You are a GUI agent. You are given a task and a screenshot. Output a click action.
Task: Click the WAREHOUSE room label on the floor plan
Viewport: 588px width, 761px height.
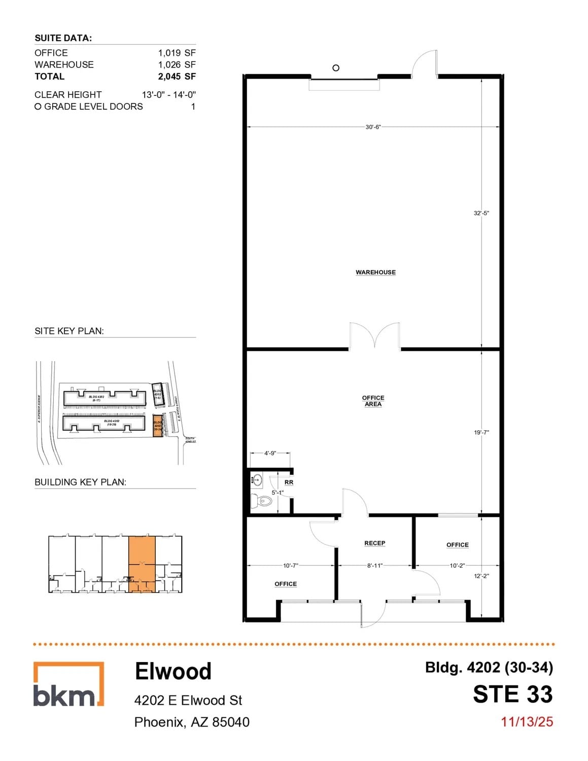pos(375,272)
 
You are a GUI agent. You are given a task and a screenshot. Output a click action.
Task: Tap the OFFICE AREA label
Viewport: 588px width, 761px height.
pos(373,401)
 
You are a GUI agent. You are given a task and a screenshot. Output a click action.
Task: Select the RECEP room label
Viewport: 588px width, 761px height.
pos(374,543)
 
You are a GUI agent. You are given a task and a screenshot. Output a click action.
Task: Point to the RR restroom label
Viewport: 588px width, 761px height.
pos(289,482)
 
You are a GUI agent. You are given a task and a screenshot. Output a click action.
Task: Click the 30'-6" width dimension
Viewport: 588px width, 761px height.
pos(373,127)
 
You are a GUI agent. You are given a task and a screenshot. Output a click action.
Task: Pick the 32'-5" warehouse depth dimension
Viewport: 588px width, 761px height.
pos(481,213)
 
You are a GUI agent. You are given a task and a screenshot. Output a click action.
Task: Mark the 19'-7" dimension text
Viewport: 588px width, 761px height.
pos(481,433)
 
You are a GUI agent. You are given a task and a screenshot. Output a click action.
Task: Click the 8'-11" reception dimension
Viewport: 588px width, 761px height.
pos(374,566)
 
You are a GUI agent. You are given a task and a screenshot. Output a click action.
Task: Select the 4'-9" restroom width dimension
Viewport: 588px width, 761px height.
pos(270,453)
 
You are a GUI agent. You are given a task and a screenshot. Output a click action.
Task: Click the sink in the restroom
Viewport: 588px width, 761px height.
pos(257,478)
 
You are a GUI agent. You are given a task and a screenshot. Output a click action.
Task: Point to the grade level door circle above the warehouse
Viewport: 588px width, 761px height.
pos(336,68)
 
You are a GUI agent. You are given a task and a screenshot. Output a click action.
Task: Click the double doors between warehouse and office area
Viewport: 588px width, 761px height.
pos(374,336)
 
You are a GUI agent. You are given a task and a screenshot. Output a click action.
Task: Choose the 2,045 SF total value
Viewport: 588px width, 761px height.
pos(177,77)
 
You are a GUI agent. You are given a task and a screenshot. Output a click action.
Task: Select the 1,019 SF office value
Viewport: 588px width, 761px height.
pos(177,53)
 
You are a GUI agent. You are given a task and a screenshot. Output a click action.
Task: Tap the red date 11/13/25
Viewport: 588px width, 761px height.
pos(527,722)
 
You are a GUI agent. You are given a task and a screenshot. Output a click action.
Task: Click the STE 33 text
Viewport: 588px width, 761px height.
pos(512,695)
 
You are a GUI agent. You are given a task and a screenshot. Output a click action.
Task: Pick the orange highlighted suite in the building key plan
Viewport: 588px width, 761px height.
pos(142,564)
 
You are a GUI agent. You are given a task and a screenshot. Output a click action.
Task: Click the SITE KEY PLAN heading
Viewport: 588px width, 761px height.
pos(69,331)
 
